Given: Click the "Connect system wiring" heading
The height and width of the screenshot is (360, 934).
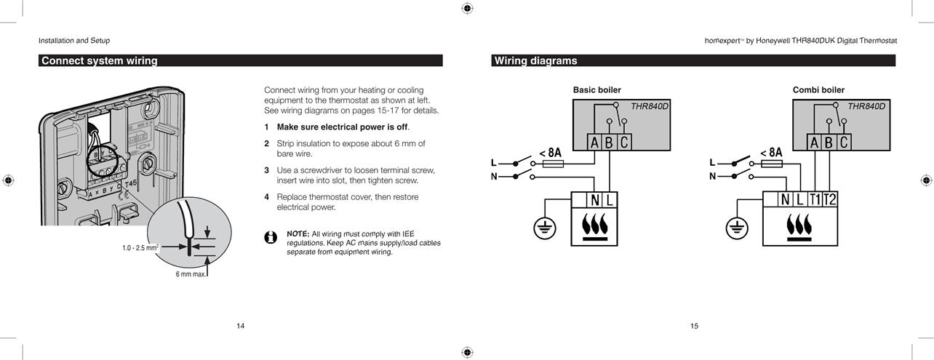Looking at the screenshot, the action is pos(99,61).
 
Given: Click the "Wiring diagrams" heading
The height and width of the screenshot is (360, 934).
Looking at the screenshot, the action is pos(536,61).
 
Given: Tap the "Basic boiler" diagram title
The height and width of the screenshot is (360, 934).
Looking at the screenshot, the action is pos(596,90).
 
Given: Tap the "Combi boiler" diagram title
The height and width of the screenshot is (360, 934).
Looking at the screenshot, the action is pos(818,90).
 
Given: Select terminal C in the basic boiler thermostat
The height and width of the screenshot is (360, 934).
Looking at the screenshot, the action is pos(624,143).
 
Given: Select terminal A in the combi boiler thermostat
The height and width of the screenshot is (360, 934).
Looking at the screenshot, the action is pos(814,143).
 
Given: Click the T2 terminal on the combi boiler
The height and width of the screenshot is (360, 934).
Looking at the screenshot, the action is pos(830,199).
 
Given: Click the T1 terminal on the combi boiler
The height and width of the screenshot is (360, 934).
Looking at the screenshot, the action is pos(815,199).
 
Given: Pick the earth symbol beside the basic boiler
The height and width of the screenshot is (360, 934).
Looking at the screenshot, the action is pos(545,228).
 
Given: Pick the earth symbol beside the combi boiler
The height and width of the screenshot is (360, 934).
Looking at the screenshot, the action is pos(737,228).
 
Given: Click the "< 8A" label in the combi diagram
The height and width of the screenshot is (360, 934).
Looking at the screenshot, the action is pos(771,153).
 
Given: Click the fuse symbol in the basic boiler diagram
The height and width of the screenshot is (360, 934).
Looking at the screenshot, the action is pos(553,164).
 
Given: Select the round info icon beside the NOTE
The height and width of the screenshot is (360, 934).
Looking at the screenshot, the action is pos(271,238).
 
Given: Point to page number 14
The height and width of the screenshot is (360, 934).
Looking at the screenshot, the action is pos(241,326).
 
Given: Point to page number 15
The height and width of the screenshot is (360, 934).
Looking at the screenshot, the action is pos(694,326).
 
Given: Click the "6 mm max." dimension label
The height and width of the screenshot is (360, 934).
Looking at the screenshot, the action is pos(191,274).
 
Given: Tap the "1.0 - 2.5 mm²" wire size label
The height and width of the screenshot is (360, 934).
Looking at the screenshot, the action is pos(140,248).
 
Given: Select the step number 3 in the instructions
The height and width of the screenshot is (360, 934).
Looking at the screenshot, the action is pos(266,170).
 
